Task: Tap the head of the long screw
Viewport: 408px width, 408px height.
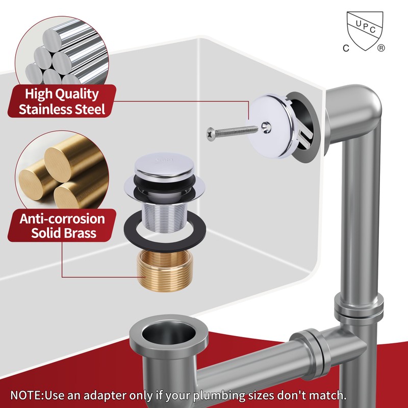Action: pos(211,134)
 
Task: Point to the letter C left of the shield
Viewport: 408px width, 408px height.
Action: pos(345,48)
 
